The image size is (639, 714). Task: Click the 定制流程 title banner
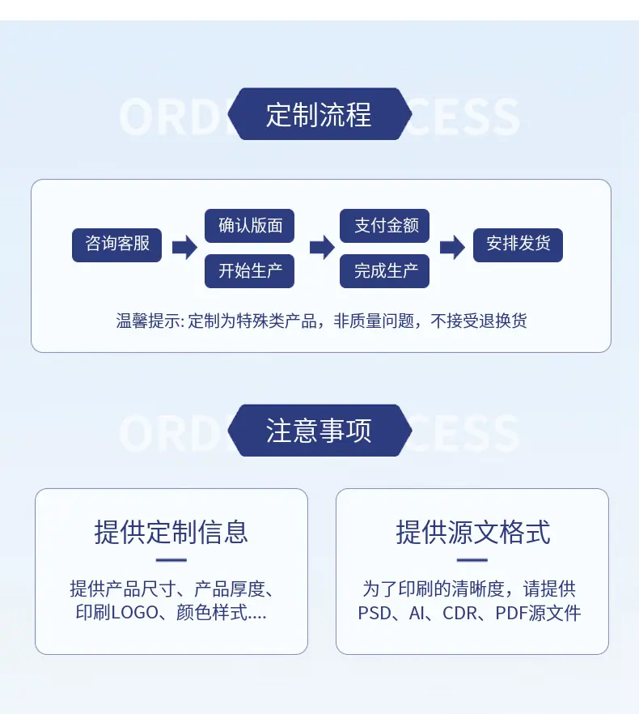point(319,114)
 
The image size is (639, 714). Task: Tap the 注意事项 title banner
point(319,431)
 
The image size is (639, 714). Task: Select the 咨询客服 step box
point(117,245)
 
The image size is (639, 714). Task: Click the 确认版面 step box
point(249,226)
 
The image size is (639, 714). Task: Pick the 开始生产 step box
point(249,271)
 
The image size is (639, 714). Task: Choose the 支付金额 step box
point(384,226)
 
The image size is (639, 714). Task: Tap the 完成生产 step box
point(384,271)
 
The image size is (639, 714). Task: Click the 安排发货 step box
point(518,245)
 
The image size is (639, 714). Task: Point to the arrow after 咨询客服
point(184,247)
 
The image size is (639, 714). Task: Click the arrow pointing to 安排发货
point(452,247)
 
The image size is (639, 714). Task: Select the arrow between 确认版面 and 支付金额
point(322,247)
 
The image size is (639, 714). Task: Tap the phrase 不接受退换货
point(478,321)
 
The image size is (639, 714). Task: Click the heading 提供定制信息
point(171,532)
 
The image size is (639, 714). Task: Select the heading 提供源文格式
point(473,532)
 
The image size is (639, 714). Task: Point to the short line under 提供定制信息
point(171,560)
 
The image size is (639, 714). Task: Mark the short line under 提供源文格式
point(472,560)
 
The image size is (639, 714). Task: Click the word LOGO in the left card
point(135,613)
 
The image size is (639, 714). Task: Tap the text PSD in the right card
point(375,613)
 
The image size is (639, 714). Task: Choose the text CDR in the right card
point(459,613)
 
